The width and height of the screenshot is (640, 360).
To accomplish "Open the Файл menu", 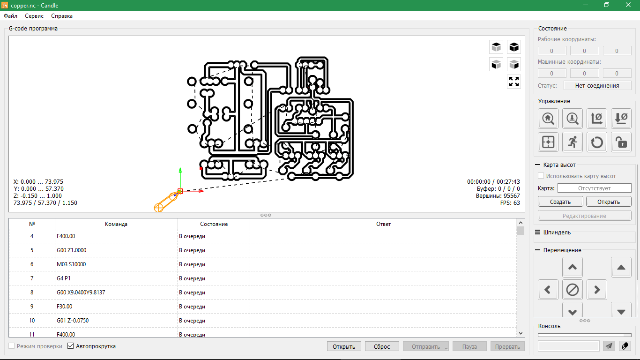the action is (11, 16).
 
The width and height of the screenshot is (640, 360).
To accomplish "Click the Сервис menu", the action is (34, 16).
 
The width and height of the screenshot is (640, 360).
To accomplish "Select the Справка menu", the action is (62, 16).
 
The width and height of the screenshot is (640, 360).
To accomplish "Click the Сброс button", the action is (382, 346).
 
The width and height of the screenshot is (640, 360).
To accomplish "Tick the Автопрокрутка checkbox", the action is (71, 346).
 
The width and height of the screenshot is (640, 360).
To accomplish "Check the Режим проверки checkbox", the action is (11, 346).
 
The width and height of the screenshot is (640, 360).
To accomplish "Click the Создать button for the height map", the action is (560, 202).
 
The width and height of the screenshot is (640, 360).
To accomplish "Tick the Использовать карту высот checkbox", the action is (541, 176).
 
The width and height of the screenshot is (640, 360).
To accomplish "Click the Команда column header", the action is (116, 224).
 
